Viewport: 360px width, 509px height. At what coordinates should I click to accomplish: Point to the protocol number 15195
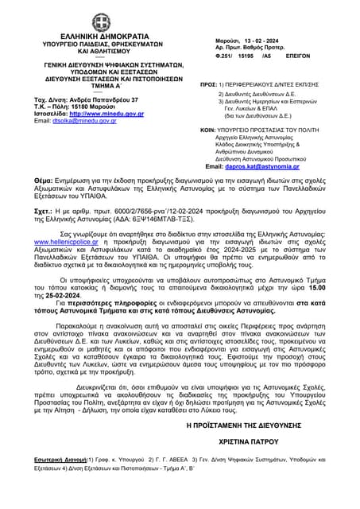point(248,57)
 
